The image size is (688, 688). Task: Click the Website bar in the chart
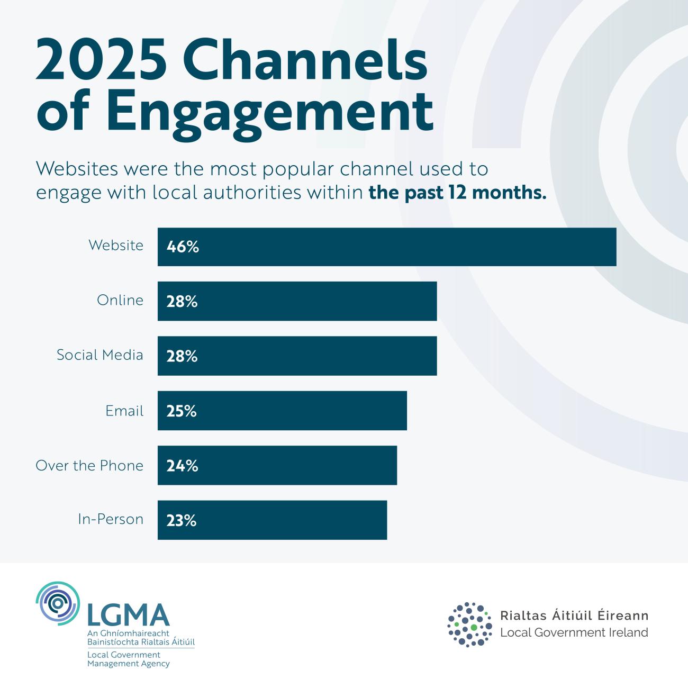click(x=386, y=247)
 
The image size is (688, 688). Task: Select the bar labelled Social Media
click(x=297, y=356)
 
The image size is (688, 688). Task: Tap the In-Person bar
click(x=272, y=520)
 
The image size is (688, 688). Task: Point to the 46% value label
click(x=183, y=247)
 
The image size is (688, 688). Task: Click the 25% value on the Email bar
click(x=182, y=411)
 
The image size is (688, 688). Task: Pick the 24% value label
click(x=182, y=466)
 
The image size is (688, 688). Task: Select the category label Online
click(x=120, y=300)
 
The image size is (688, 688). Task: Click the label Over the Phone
click(x=89, y=466)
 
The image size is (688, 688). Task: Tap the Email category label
click(x=124, y=411)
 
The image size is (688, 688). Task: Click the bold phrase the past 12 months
click(x=457, y=192)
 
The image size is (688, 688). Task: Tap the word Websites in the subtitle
click(x=76, y=169)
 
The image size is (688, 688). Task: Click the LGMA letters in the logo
click(x=128, y=615)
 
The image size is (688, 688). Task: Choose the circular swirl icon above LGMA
click(x=58, y=603)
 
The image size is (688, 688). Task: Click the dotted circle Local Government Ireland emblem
click(x=469, y=624)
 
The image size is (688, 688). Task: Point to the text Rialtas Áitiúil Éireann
click(x=574, y=615)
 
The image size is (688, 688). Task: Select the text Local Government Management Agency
click(x=128, y=659)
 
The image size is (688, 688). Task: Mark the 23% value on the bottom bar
click(x=182, y=521)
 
